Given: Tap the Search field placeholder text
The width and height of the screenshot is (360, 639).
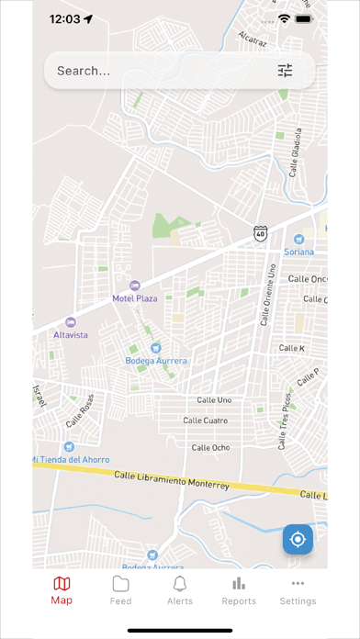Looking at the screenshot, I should click(84, 71).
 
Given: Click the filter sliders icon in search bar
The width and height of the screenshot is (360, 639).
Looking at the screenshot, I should click(285, 71).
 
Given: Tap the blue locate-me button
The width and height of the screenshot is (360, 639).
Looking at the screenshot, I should click(298, 539).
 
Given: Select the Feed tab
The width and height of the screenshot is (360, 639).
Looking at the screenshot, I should click(120, 590).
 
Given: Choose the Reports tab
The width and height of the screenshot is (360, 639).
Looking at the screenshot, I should click(239, 590).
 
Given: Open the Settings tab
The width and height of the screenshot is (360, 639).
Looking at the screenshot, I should click(298, 590).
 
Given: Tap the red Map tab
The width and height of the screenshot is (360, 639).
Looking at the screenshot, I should click(62, 590).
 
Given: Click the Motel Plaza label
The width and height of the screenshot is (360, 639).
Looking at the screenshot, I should click(135, 298).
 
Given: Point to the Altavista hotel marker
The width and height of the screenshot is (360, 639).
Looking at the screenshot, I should click(71, 322).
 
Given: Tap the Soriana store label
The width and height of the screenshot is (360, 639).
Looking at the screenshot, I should click(298, 252).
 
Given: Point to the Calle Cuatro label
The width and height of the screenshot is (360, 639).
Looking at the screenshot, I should click(205, 420).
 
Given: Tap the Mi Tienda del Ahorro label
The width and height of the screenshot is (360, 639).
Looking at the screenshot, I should click(71, 459).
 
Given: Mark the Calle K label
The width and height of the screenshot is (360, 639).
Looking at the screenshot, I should click(291, 348).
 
